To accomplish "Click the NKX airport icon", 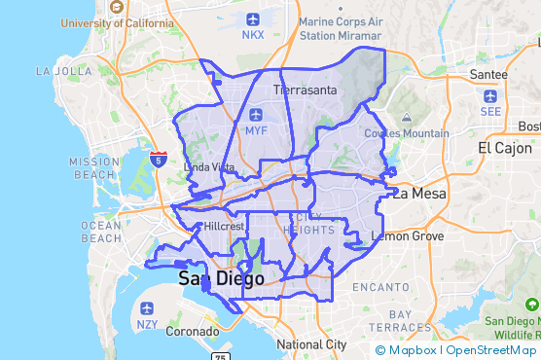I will point(253,18).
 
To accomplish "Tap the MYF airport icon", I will point(256,114).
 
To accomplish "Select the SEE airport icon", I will point(489,96).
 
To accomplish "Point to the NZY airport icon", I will point(147,307).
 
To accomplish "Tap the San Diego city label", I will point(221,279).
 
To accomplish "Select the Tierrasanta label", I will point(305,90).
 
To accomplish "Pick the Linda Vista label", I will point(209,167).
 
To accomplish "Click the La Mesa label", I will point(419,194).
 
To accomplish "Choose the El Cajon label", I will point(505,148).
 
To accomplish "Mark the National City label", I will point(311,344).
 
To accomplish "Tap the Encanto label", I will point(380,287).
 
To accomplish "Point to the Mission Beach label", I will point(94,168).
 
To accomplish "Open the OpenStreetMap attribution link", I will point(490,350).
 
